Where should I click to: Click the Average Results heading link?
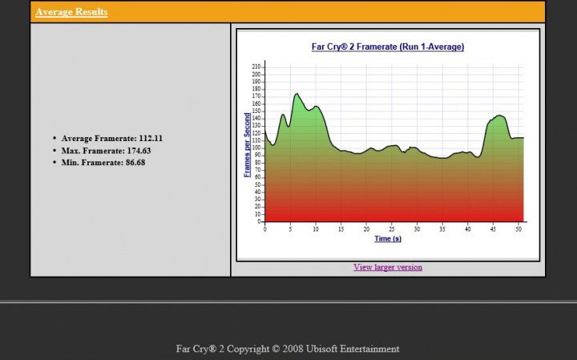coord(71,12)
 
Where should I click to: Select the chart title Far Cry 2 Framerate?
coord(387,47)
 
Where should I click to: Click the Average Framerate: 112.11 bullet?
coord(112,138)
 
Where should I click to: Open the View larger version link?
coord(387,267)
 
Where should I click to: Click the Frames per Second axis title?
coord(247,144)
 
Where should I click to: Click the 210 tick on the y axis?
coord(256,67)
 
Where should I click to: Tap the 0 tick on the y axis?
coord(259,221)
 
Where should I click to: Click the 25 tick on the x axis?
coord(392,229)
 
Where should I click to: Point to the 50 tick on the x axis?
coord(519,229)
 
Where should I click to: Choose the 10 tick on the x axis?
coord(316,229)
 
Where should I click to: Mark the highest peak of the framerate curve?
coord(297,94)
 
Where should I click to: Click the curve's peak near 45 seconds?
coord(500,115)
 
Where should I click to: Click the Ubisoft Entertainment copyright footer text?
coord(288,349)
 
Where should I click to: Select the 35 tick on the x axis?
coord(442,229)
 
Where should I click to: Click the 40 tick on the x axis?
coord(468,229)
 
